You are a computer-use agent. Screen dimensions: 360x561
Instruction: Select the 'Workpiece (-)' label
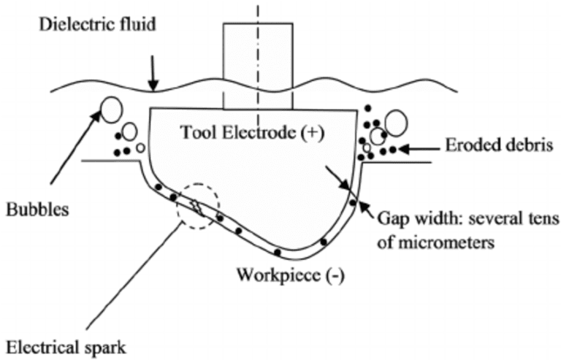[x=289, y=276]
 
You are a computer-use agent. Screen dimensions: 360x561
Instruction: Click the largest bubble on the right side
[x=395, y=123]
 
